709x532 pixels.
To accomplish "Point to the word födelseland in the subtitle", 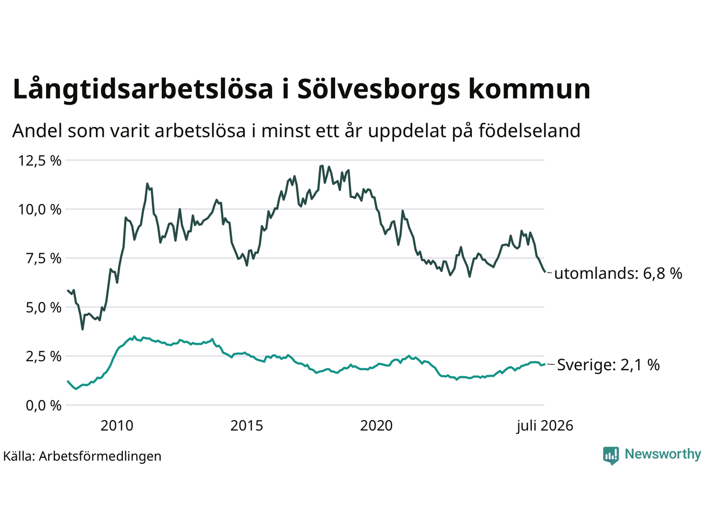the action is [529, 130].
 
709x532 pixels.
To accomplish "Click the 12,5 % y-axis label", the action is [40, 161].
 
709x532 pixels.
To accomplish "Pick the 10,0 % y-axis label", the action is [40, 209].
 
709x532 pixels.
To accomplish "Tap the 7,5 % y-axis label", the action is [44, 258].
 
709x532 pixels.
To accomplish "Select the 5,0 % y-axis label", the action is [44, 308].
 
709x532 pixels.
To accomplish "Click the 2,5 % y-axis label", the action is [44, 356].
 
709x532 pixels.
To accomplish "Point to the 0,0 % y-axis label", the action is [44, 406].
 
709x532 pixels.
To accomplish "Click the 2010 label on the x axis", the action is [117, 426].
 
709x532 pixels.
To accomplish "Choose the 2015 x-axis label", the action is [246, 426].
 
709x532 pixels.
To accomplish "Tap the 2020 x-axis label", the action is [376, 426].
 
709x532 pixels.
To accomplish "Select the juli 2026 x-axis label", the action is [544, 426].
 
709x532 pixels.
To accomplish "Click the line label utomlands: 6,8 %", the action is [618, 273].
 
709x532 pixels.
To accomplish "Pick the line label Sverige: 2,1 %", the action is [609, 365].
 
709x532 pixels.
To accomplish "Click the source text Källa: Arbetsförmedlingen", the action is [82, 456].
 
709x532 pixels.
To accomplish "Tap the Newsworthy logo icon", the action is [610, 456].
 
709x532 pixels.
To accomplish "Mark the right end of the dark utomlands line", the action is [545, 272].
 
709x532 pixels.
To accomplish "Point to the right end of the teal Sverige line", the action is [545, 364].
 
